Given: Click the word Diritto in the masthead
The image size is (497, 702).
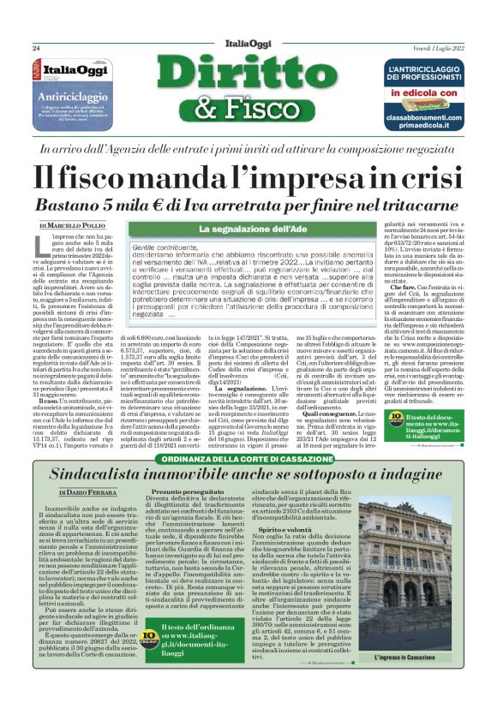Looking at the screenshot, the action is [248, 75].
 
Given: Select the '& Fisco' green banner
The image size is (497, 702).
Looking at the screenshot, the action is [248, 108].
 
